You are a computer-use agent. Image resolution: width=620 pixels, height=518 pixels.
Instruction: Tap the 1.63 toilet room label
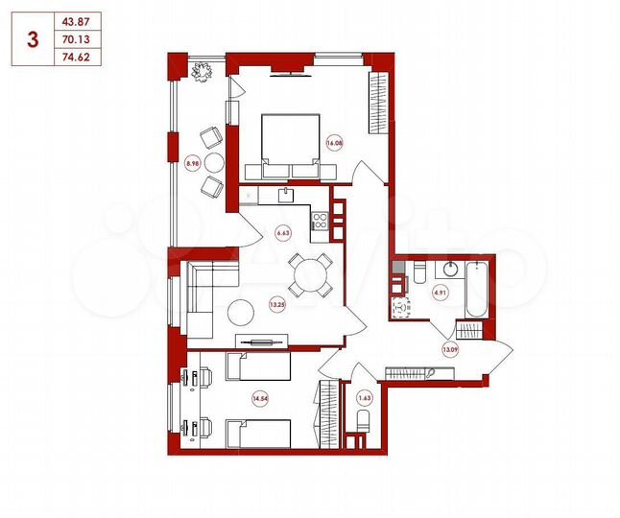coord(364,395)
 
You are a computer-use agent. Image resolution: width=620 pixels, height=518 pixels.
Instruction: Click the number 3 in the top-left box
coord(34,39)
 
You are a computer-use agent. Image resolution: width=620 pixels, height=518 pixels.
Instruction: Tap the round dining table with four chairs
coord(311,275)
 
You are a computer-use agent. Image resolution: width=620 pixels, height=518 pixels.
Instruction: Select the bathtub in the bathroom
coord(475,288)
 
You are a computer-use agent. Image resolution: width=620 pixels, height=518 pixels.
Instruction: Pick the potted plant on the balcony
coord(203,72)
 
